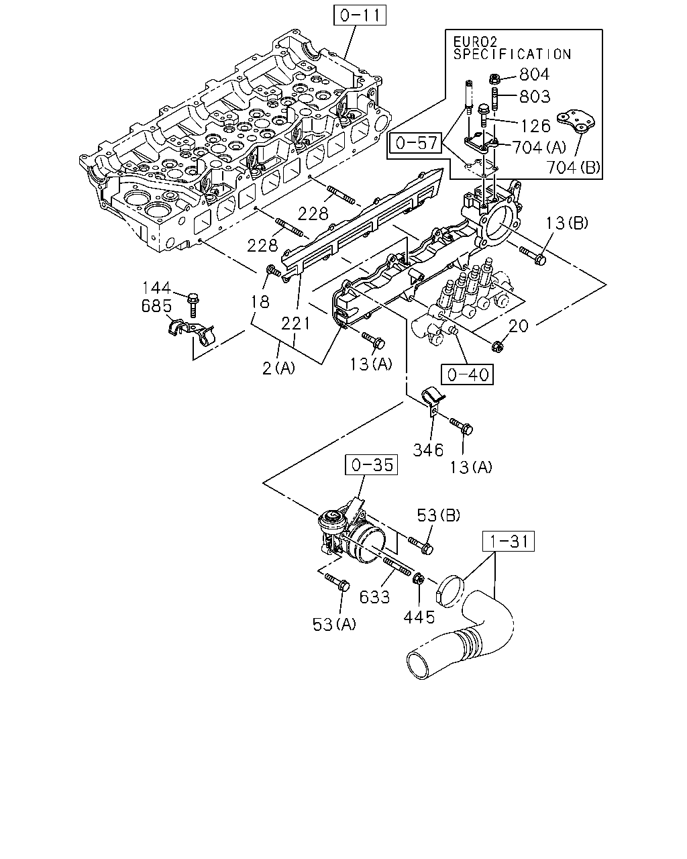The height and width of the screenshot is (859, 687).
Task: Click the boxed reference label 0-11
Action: pos(360,15)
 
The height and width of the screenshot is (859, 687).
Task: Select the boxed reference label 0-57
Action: pos(415,143)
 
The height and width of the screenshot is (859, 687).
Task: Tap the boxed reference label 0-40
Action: pos(467,374)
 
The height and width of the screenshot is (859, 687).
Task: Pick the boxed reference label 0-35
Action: pos(371,464)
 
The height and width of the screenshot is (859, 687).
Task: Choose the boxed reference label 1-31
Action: pos(508,542)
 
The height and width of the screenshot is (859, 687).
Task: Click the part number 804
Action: pos(535,74)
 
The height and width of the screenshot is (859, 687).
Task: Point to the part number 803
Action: pos(535,96)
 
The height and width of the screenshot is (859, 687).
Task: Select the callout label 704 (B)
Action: pos(573,167)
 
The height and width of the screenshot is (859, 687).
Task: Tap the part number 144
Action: pos(156,287)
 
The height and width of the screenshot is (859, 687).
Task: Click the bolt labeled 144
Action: pos(193,305)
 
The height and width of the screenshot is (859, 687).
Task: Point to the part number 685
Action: pos(156,306)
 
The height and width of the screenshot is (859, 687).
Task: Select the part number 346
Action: pos(428,450)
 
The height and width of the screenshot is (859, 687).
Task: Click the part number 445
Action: pos(419,617)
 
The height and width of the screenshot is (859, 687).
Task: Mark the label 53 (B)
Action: pos(438,515)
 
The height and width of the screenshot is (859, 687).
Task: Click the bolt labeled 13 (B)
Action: pos(533,256)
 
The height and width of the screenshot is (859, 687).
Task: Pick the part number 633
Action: pos(374,597)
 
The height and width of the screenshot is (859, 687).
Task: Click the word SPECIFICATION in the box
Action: pos(512,54)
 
